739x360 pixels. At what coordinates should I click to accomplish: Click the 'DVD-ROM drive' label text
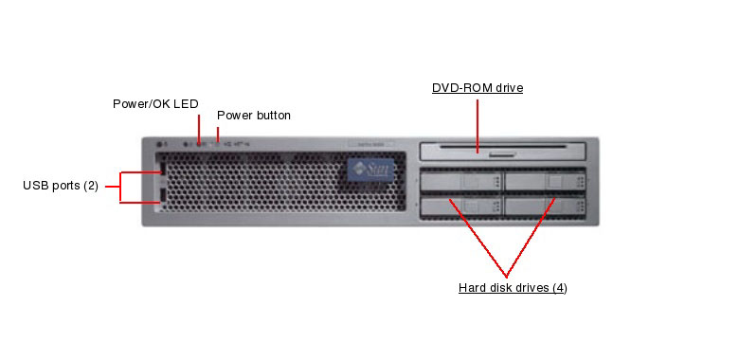(478, 88)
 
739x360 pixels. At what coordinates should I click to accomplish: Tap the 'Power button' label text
(254, 116)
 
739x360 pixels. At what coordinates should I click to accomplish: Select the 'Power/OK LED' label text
(155, 104)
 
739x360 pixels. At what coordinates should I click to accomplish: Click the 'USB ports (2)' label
(61, 185)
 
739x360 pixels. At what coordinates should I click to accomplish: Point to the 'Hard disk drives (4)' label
(513, 287)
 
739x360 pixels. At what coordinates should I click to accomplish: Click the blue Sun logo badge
(369, 171)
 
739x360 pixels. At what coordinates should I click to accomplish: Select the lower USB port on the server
(161, 196)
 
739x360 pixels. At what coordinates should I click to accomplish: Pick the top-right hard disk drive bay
(545, 180)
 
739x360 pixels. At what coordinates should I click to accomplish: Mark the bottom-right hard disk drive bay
(545, 204)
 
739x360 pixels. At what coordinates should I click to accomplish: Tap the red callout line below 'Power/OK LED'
(199, 128)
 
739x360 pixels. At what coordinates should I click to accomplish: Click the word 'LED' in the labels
(186, 104)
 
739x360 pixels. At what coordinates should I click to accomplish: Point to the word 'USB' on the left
(35, 185)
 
